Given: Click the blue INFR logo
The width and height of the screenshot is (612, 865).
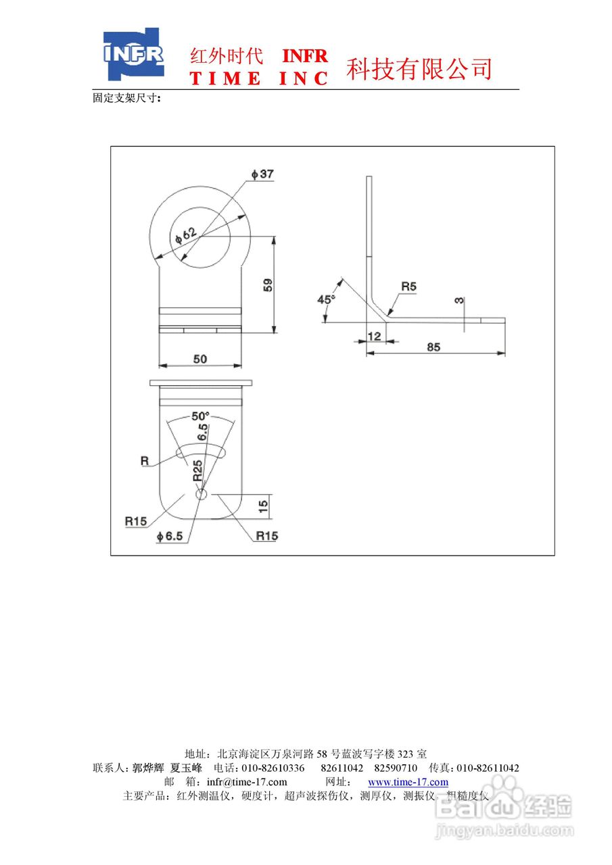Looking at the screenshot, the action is [134, 54].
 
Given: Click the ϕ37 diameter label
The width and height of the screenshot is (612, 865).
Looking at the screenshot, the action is [262, 174].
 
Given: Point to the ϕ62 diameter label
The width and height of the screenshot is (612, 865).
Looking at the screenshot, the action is [186, 235].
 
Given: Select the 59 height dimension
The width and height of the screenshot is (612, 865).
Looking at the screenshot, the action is [267, 285].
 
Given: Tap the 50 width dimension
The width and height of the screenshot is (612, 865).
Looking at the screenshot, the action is [200, 359].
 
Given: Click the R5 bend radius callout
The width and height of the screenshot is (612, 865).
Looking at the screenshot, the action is [408, 287].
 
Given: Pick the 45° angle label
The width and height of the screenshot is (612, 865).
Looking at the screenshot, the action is [327, 299].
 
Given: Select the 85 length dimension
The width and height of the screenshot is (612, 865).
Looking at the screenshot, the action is [433, 347].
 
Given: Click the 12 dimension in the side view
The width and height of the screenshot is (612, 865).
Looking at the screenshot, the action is [374, 337].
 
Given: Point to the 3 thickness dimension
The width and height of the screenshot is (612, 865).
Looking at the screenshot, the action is [459, 300].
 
